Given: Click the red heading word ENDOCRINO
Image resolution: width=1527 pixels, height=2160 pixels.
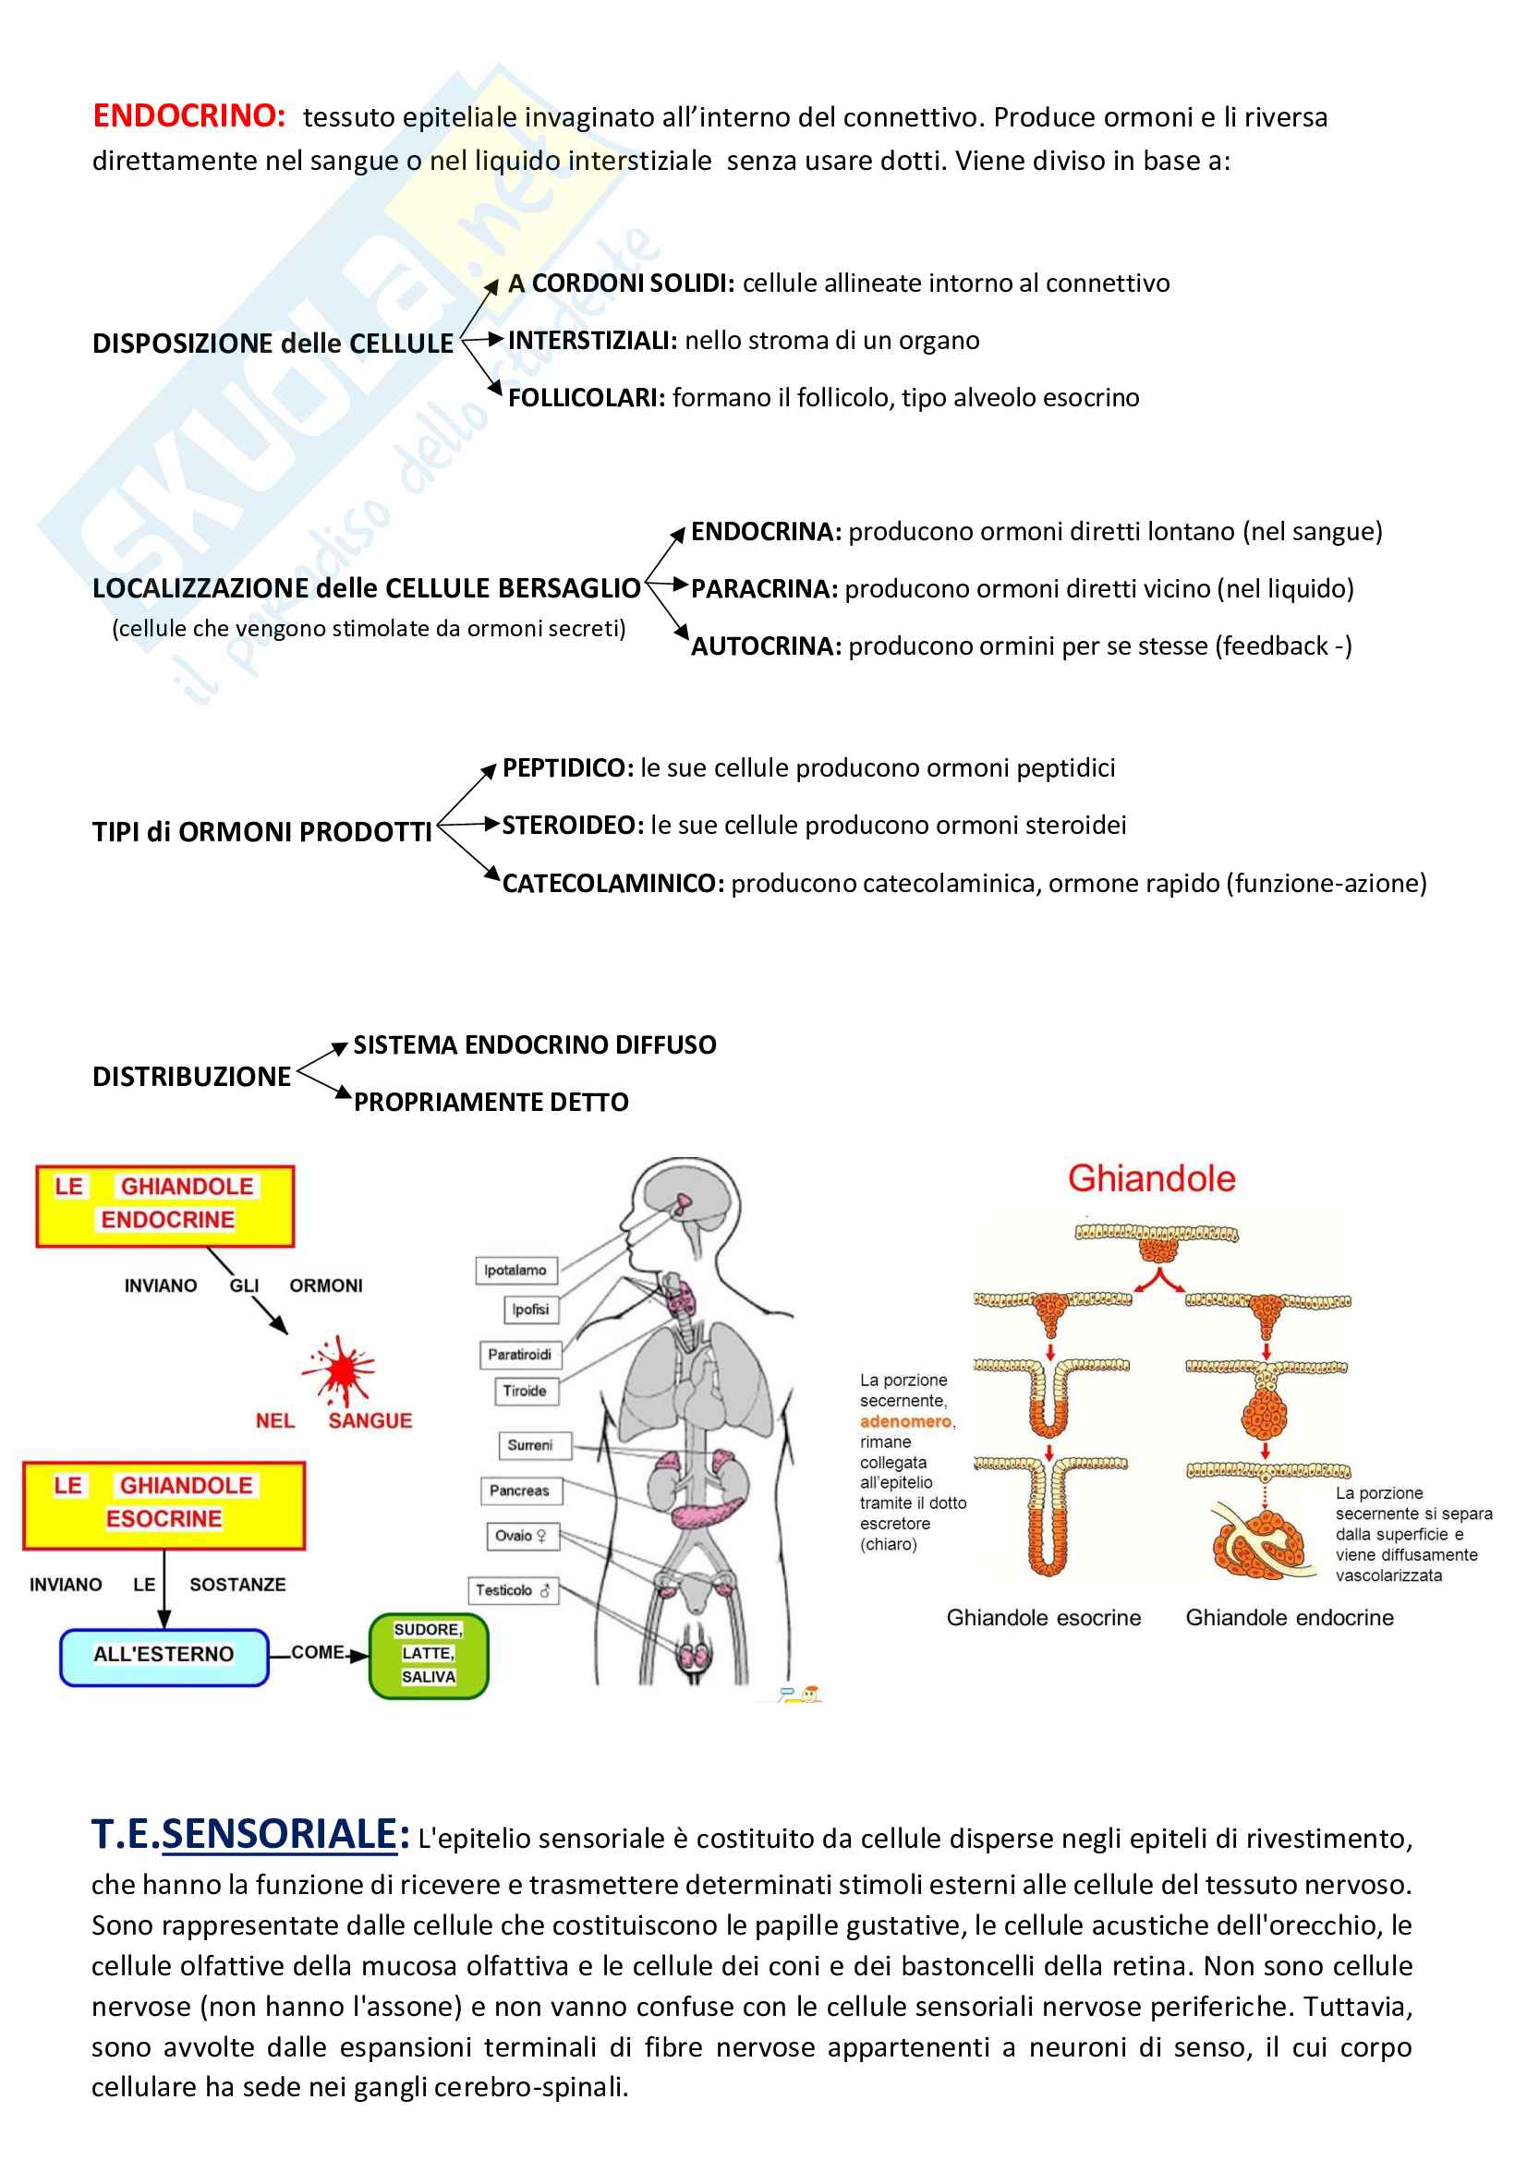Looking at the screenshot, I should pos(188,115).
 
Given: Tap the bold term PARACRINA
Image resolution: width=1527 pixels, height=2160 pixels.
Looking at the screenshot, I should pos(763,589).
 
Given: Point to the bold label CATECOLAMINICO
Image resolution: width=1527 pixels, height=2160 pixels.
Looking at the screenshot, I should pos(612,884).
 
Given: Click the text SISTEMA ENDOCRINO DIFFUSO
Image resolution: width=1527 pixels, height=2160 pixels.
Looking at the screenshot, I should pos(533,1045).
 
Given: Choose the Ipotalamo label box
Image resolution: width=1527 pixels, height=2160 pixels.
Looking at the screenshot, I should pos(515,1270).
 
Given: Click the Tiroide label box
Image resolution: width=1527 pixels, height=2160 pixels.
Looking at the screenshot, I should pos(524,1391).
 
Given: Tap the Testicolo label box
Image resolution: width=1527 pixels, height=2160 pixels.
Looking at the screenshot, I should pos(512,1590).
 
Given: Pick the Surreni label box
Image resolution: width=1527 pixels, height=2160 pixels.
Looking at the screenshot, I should pos(529,1445).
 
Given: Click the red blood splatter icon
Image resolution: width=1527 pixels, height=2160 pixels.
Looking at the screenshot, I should pos(338,1369).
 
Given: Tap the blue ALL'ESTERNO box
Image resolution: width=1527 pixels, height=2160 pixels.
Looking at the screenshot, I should pos(164,1654).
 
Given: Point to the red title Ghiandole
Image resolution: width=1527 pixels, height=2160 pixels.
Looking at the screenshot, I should pos(1151,1178).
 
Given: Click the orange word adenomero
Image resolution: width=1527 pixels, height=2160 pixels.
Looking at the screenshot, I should pos(905,1421).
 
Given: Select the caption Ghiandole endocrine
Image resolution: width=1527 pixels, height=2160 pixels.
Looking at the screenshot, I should pos(1289,1617).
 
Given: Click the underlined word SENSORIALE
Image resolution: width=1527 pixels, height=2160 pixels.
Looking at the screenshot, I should pos(279,1835).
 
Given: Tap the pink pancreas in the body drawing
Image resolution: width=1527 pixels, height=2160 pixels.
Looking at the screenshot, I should pos(706,1513).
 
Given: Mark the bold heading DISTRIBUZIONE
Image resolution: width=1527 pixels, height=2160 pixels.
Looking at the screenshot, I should pos(191,1076).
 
